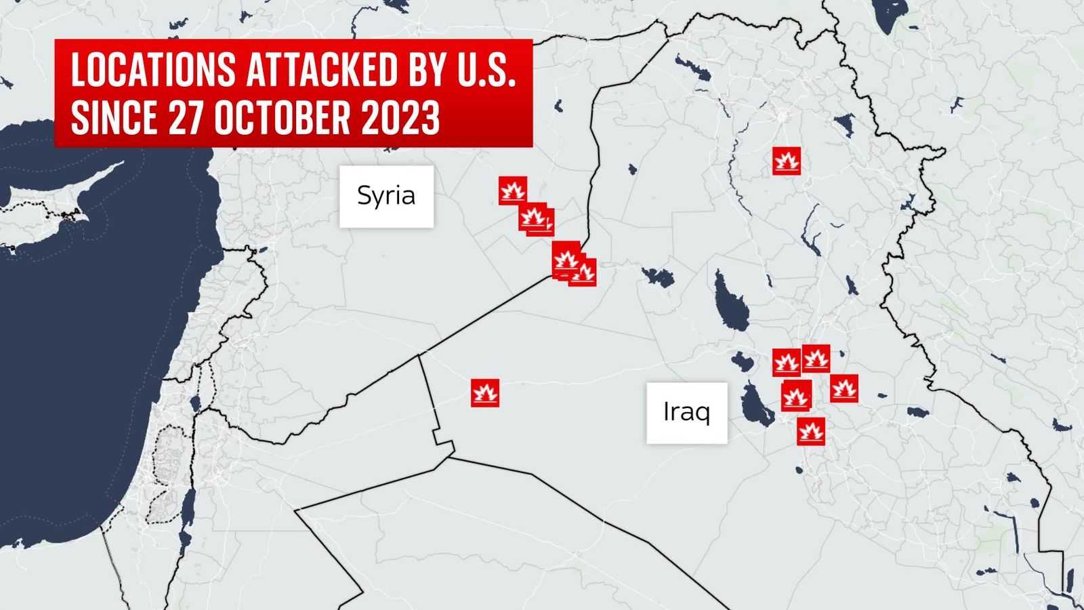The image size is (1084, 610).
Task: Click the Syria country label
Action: coord(386,196)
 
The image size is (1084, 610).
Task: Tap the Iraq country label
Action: coord(686,412)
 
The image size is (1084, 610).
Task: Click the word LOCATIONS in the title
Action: coord(153,70)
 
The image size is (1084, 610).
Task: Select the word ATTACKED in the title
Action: coord(322,70)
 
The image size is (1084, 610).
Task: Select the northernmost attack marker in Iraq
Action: coord(787,161)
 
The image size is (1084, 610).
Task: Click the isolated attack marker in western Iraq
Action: coord(485,393)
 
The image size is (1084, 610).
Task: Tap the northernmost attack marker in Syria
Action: coord(513,190)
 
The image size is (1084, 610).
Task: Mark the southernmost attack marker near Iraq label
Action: coord(811,431)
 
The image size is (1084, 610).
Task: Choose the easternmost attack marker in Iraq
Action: coord(844,388)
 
